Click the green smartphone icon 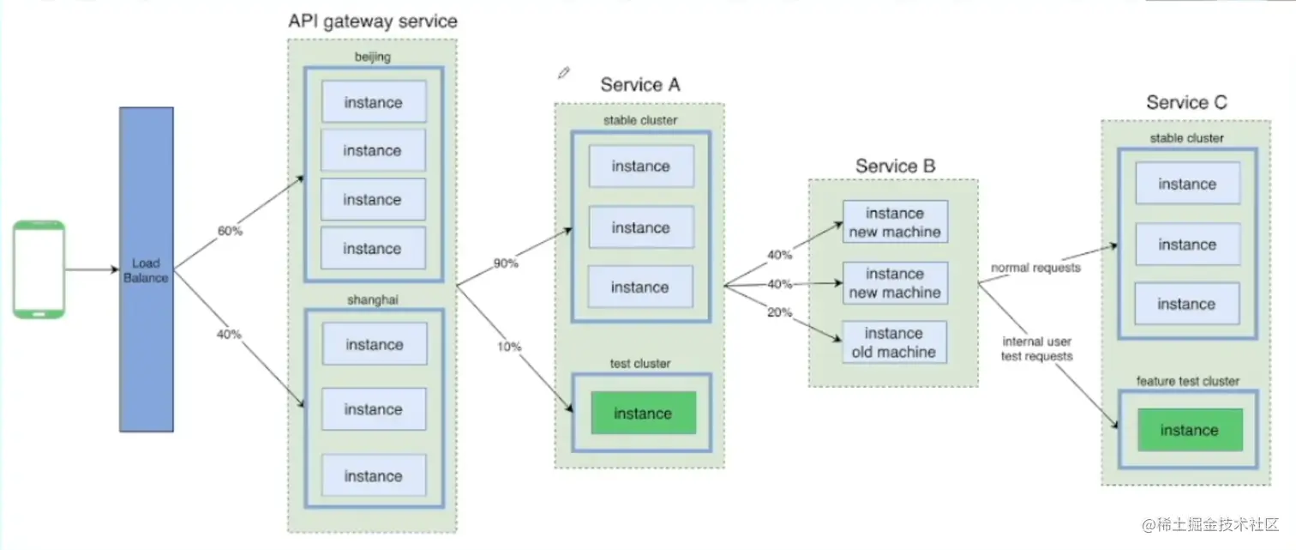coord(39,269)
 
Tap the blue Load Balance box coord(147,269)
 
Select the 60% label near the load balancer coord(230,232)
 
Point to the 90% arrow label coord(506,263)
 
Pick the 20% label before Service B coord(779,312)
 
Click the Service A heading coord(639,84)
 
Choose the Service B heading coord(895,166)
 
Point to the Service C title coord(1186,103)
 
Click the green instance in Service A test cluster coord(642,414)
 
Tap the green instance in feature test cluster coord(1188,430)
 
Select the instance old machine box coord(894,342)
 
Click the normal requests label coord(1036,268)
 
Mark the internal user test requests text coord(1036,348)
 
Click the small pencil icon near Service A coord(563,73)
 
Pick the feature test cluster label coord(1187,381)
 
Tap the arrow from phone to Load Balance coord(92,269)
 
